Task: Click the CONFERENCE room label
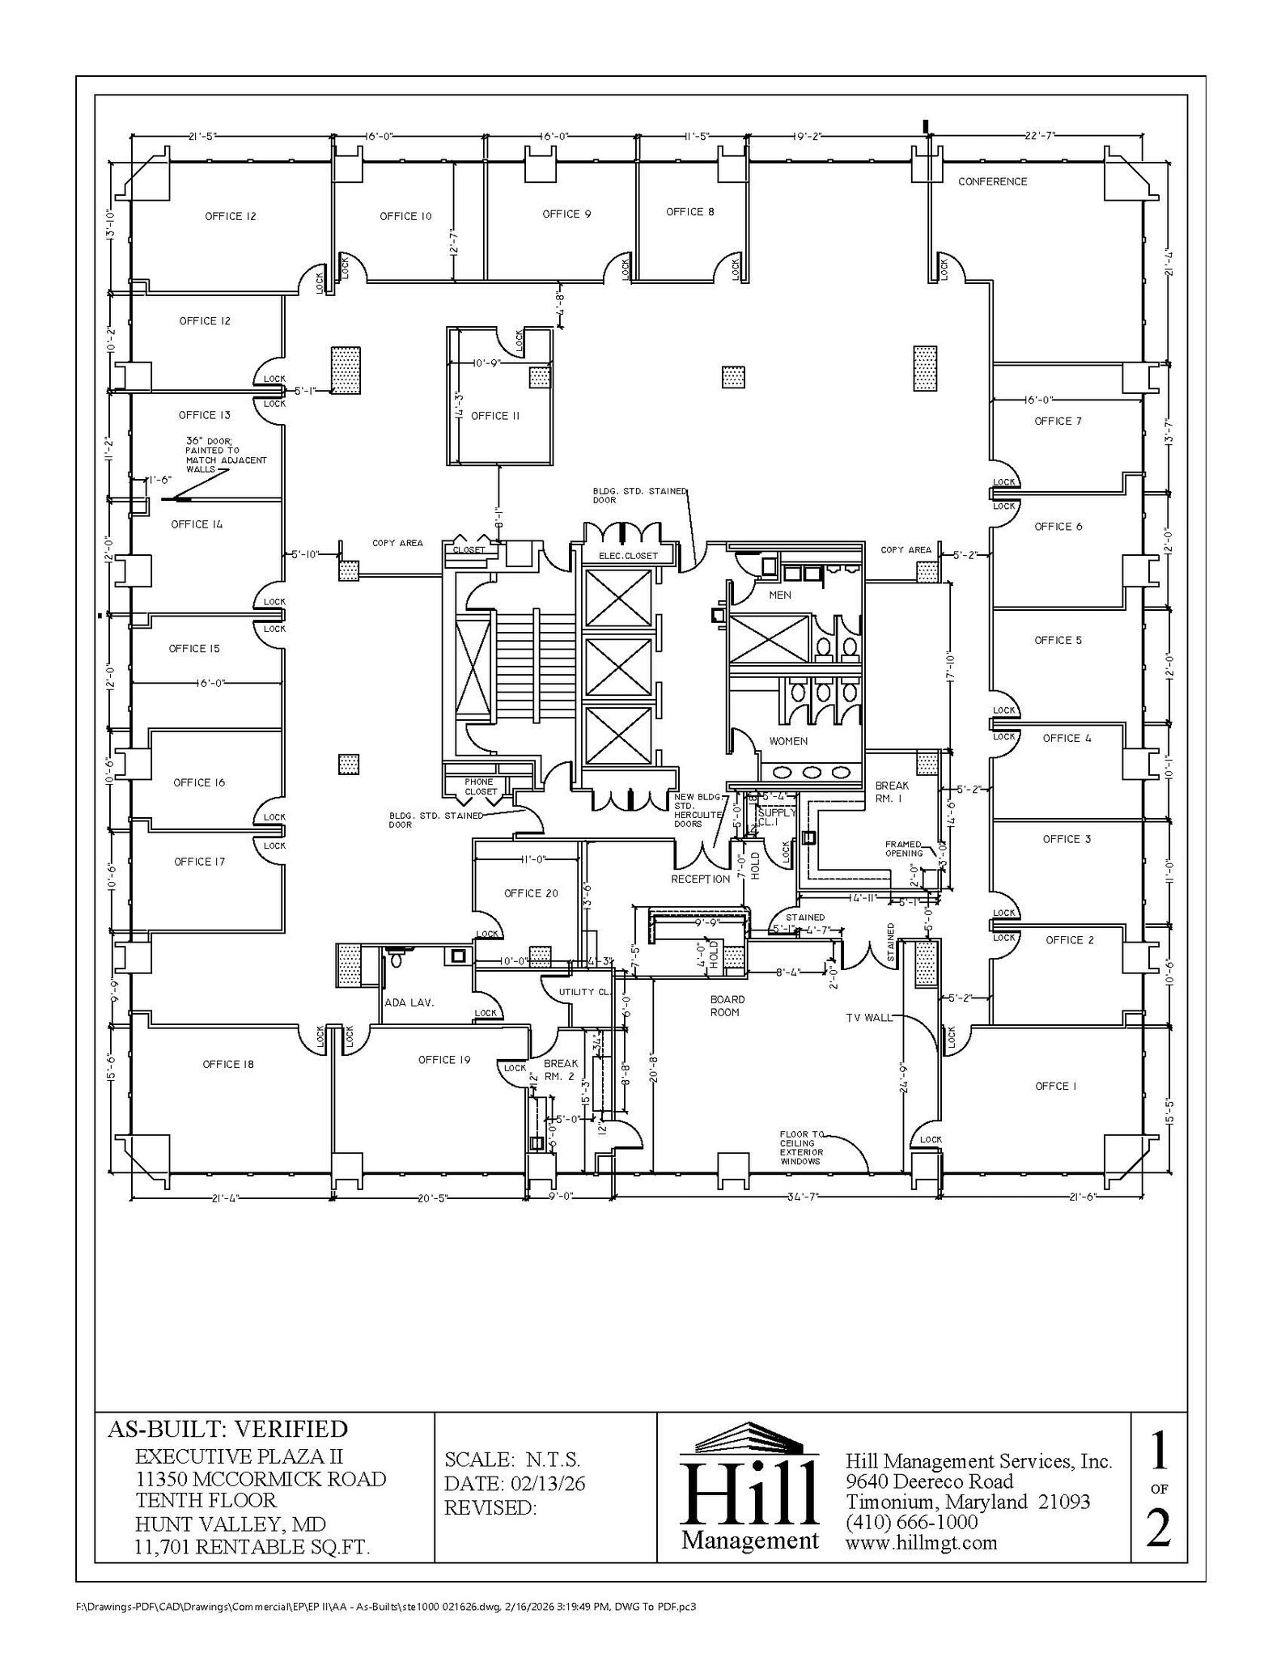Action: (x=992, y=182)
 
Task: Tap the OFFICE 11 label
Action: (x=494, y=416)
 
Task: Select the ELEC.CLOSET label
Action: (x=628, y=556)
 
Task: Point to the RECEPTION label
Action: (x=700, y=879)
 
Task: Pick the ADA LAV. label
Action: (x=409, y=1002)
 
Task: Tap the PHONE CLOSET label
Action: (x=480, y=786)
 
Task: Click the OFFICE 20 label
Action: (x=531, y=893)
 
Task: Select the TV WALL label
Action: (x=868, y=1018)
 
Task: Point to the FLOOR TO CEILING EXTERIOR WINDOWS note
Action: (x=801, y=1147)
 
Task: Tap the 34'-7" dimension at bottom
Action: (x=803, y=1196)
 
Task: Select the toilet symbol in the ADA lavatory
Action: (x=396, y=960)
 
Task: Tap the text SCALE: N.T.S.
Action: (x=512, y=1460)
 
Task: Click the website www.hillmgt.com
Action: (x=921, y=1542)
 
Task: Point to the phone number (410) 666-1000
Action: (x=912, y=1522)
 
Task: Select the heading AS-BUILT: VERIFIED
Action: (x=227, y=1429)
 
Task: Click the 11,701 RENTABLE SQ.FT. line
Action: (x=252, y=1548)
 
